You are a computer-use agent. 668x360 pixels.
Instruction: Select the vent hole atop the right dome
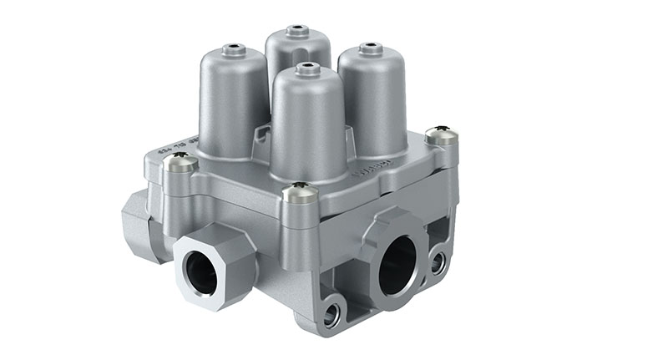click(x=370, y=46)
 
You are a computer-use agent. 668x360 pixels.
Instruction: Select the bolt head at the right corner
click(x=441, y=134)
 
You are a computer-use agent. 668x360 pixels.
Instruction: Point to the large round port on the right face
click(x=397, y=265)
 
